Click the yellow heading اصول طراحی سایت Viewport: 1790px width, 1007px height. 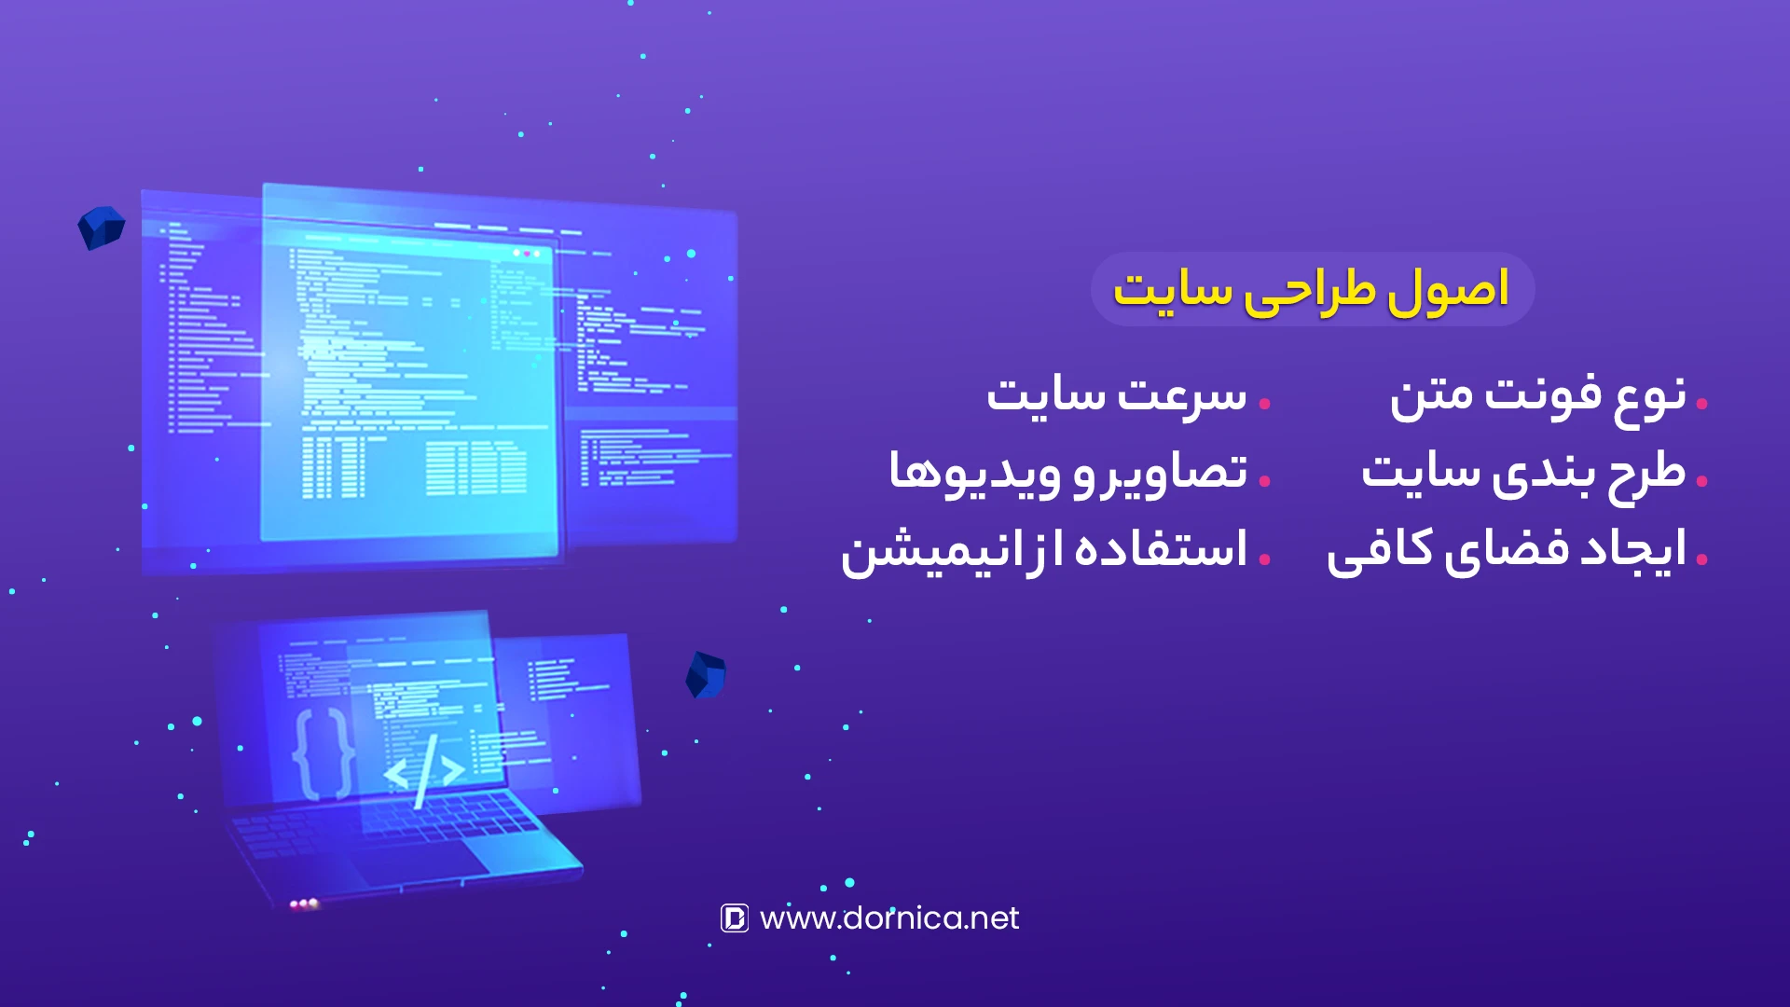(x=1311, y=290)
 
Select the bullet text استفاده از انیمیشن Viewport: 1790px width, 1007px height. (x=1044, y=550)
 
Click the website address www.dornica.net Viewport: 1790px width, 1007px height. (x=889, y=918)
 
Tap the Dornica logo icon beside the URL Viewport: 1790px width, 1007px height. (x=735, y=918)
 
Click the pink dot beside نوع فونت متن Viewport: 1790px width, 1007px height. (x=1702, y=404)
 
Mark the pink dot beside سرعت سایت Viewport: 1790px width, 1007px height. (x=1265, y=404)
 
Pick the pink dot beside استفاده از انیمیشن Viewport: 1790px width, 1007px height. (x=1265, y=559)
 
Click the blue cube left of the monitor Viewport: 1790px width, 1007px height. (x=101, y=228)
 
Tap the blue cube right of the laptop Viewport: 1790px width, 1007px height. (x=706, y=675)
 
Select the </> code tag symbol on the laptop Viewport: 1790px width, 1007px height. (x=425, y=772)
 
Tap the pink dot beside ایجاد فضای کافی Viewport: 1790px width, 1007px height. (x=1702, y=559)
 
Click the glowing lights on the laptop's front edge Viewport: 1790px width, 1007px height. (x=304, y=904)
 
